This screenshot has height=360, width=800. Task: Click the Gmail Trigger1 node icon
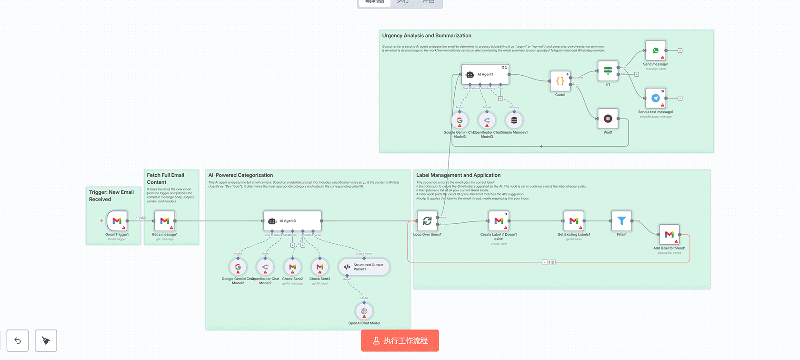pyautogui.click(x=117, y=221)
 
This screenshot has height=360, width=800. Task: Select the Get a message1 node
pyautogui.click(x=165, y=221)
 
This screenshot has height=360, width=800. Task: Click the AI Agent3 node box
pyautogui.click(x=292, y=221)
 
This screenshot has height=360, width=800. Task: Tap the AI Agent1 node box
pyautogui.click(x=485, y=74)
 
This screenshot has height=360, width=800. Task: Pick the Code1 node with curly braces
pyautogui.click(x=560, y=81)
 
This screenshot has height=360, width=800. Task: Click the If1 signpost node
pyautogui.click(x=608, y=71)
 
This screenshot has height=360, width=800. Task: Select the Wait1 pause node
pyautogui.click(x=608, y=119)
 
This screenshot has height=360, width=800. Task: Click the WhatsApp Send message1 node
pyautogui.click(x=656, y=50)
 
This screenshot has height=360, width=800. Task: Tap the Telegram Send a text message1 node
pyautogui.click(x=656, y=98)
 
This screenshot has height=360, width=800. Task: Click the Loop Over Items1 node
pyautogui.click(x=427, y=221)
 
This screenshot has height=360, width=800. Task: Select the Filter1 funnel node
pyautogui.click(x=621, y=221)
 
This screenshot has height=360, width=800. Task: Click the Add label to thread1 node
pyautogui.click(x=669, y=234)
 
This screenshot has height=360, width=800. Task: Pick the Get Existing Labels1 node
pyautogui.click(x=574, y=221)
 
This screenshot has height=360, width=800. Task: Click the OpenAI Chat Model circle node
pyautogui.click(x=364, y=311)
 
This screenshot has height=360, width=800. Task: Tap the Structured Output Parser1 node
pyautogui.click(x=364, y=267)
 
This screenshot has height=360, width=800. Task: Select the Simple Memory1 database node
pyautogui.click(x=514, y=120)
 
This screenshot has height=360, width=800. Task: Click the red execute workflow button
pyautogui.click(x=400, y=340)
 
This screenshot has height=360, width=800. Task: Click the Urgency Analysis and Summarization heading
pyautogui.click(x=427, y=36)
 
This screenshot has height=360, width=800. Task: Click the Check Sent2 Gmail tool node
pyautogui.click(x=292, y=267)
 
